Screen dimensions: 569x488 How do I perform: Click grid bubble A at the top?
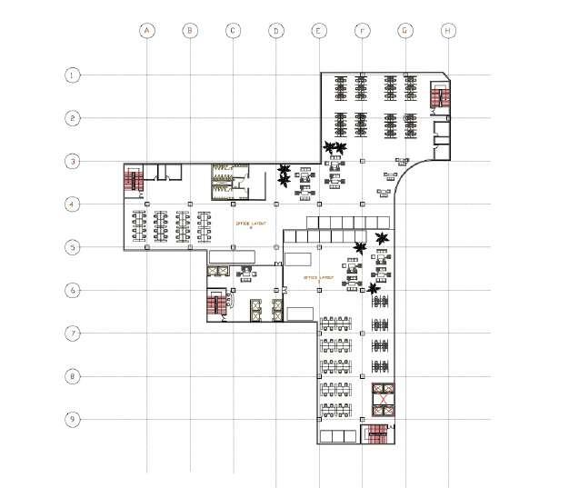click(x=147, y=30)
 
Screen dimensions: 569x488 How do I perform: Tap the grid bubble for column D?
click(x=275, y=30)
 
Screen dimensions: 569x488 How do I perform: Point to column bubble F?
click(x=362, y=30)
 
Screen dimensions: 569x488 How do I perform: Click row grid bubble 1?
click(x=72, y=75)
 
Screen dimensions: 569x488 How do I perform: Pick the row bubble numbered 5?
click(x=72, y=246)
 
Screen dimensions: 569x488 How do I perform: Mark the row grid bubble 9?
click(x=72, y=419)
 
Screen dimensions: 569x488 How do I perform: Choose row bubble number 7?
click(x=72, y=333)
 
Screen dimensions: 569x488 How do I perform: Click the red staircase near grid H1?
click(x=439, y=96)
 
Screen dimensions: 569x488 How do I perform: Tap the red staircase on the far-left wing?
click(x=134, y=179)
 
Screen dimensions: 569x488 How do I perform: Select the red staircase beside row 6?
click(x=215, y=305)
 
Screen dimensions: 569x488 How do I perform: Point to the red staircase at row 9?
click(x=375, y=435)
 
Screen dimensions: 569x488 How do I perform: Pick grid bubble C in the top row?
click(x=233, y=30)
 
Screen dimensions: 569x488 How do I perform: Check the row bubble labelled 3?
click(x=72, y=161)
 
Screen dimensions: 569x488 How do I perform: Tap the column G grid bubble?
click(x=404, y=30)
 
